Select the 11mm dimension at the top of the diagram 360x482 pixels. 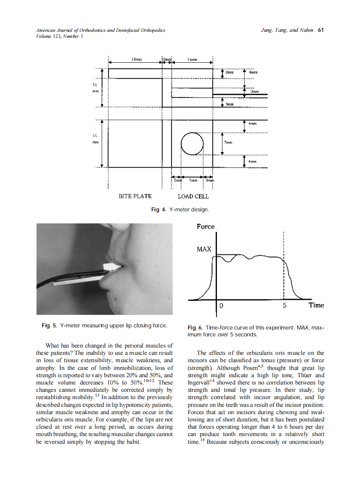coord(192,59)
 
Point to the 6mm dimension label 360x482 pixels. coord(253,73)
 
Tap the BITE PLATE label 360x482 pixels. coord(135,196)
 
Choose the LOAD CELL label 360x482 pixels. coord(193,196)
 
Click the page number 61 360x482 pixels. coord(320,31)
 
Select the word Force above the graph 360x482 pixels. coord(205,226)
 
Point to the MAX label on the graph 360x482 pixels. coord(204,249)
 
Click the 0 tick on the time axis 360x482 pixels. coord(221,306)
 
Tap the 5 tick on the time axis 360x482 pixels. coord(284,306)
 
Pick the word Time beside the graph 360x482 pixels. coord(316,305)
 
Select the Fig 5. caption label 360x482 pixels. coord(49,326)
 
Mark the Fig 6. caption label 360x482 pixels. coord(195,328)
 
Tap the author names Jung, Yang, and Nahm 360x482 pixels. coord(287,31)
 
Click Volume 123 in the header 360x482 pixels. coord(49,37)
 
